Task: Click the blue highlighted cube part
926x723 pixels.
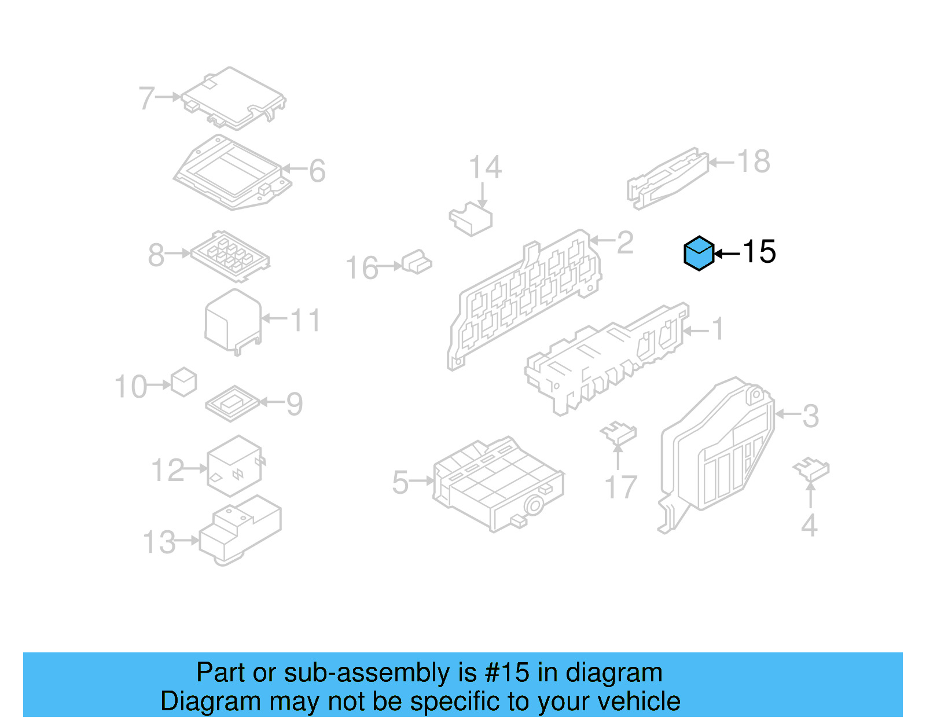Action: click(699, 254)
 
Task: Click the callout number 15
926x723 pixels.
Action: click(759, 252)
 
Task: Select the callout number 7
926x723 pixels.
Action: click(146, 98)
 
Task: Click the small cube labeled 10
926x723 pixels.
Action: click(184, 382)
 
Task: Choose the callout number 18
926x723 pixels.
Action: click(754, 162)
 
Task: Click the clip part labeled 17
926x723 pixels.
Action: click(619, 433)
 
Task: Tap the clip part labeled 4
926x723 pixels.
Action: click(811, 469)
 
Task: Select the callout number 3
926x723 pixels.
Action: click(810, 416)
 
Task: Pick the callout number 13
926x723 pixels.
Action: click(159, 542)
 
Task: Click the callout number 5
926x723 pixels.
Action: click(400, 482)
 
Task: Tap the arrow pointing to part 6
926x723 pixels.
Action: click(294, 169)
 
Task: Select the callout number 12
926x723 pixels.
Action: click(167, 470)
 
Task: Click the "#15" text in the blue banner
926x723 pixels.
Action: click(507, 673)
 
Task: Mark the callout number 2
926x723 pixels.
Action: click(625, 242)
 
